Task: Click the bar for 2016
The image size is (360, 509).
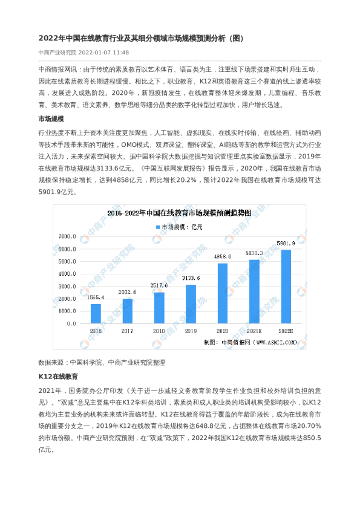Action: click(96, 313)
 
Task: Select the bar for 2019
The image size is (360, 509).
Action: click(191, 303)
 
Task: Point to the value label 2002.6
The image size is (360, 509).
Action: click(128, 293)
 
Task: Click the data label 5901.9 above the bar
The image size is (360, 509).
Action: click(286, 244)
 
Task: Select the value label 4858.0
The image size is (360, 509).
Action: click(223, 257)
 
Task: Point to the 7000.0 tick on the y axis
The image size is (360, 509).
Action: click(67, 236)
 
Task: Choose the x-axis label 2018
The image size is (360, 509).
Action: click(159, 331)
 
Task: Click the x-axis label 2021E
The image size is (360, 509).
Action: click(254, 331)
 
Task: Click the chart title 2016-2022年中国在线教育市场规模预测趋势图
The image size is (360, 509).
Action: click(179, 213)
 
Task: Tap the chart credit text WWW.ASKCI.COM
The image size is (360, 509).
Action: click(277, 342)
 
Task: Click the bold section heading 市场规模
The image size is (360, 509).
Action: click(51, 119)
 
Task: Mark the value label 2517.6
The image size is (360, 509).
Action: click(159, 286)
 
